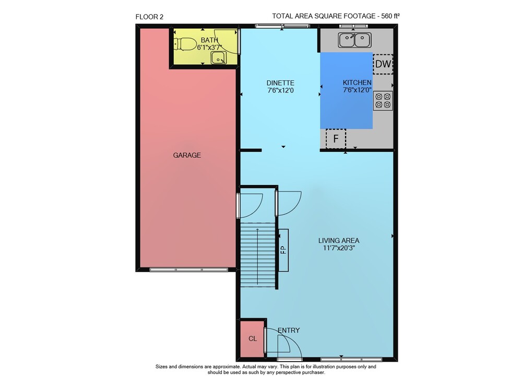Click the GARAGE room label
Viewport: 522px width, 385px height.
[x=187, y=155]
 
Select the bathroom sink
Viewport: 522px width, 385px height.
[x=219, y=58]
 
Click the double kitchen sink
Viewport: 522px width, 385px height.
[x=355, y=40]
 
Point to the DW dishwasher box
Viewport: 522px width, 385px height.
[x=383, y=64]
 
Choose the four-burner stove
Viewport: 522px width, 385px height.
[x=383, y=101]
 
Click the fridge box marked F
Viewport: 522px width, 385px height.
[x=336, y=138]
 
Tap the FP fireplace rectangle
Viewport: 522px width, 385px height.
[x=283, y=250]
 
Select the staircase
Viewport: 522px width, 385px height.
[x=258, y=255]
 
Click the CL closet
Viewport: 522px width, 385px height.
[x=252, y=339]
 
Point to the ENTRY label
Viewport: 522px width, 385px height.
[x=289, y=330]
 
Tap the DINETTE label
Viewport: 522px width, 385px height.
[x=280, y=83]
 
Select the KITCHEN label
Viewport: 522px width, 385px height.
[x=357, y=83]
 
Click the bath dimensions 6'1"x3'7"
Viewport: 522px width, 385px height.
[x=209, y=48]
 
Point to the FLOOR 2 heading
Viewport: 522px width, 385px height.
[x=149, y=17]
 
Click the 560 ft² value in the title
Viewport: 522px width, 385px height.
[x=390, y=16]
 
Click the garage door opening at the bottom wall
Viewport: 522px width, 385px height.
[x=189, y=270]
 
